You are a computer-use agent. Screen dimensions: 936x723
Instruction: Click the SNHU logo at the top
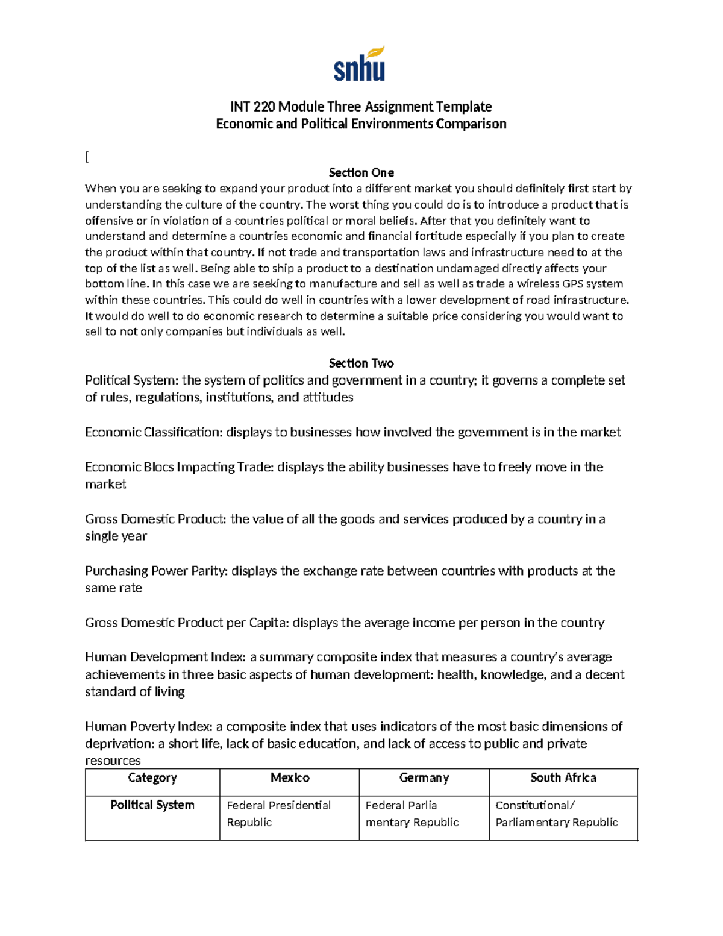360,64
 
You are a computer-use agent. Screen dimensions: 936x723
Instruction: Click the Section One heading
361,172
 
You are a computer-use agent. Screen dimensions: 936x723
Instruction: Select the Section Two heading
361,363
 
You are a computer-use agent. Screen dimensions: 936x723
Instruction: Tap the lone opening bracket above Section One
87,157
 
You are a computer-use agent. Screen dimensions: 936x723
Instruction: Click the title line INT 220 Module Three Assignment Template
361,107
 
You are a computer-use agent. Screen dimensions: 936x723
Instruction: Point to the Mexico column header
290,778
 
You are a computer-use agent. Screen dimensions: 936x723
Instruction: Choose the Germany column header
424,778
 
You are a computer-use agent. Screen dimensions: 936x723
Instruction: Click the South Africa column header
563,778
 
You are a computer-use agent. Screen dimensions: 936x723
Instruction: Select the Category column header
152,778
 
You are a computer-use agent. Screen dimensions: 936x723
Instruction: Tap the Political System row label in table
152,805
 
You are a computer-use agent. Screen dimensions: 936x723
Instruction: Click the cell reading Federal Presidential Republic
278,814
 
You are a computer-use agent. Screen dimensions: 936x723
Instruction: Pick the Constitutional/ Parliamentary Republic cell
556,814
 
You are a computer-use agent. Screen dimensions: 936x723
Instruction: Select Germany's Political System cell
412,814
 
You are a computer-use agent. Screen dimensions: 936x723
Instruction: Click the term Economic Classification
154,432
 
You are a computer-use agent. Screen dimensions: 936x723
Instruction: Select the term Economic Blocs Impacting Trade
179,467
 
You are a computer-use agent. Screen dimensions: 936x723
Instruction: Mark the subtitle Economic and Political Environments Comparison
361,124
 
